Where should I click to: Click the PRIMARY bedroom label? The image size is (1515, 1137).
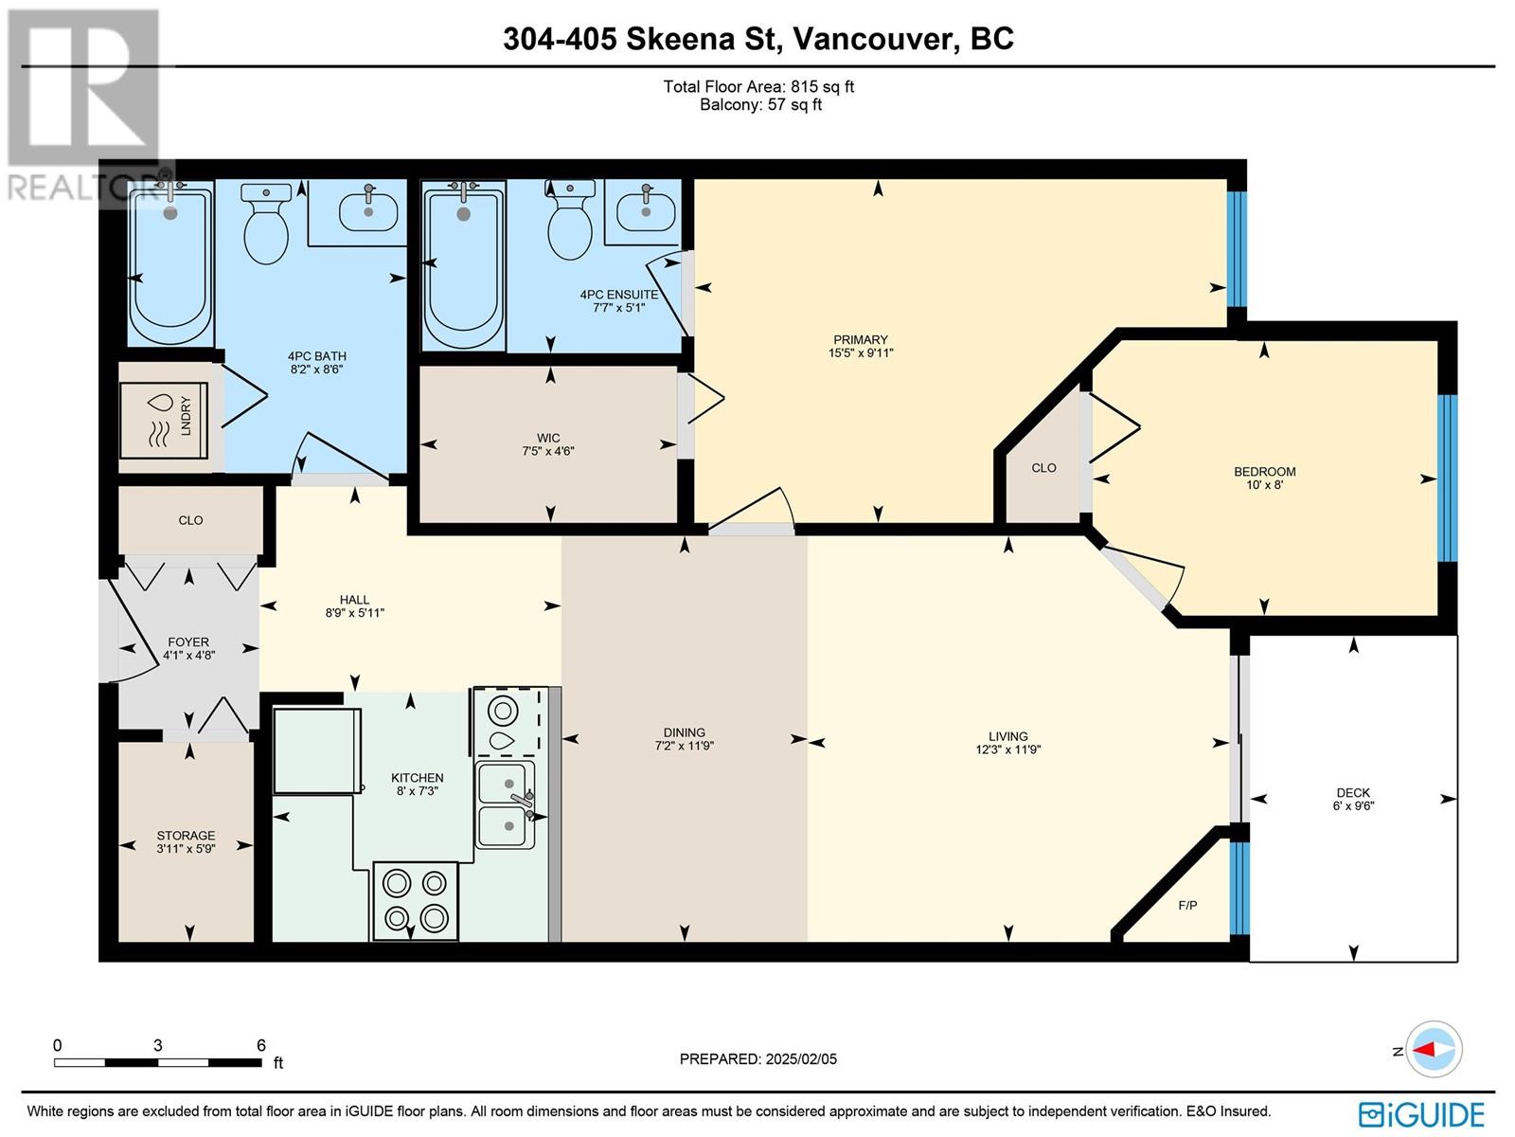pyautogui.click(x=860, y=339)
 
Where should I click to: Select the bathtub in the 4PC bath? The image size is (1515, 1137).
pyautogui.click(x=170, y=263)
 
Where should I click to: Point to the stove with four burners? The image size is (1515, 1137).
pyautogui.click(x=415, y=900)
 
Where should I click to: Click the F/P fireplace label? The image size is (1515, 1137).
pyautogui.click(x=1187, y=905)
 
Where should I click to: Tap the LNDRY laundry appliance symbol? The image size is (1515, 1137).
pyautogui.click(x=164, y=420)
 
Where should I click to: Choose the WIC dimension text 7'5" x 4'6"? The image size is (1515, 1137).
pyautogui.click(x=548, y=451)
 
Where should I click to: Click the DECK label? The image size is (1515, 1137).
pyautogui.click(x=1353, y=792)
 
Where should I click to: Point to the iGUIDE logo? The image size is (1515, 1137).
pyautogui.click(x=1422, y=1114)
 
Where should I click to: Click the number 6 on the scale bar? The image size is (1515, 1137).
pyautogui.click(x=261, y=1044)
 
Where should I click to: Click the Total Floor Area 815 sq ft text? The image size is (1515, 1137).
pyautogui.click(x=758, y=86)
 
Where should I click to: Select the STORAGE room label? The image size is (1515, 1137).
pyautogui.click(x=186, y=836)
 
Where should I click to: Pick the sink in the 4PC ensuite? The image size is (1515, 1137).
pyautogui.click(x=646, y=211)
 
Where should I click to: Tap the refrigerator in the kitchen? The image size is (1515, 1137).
pyautogui.click(x=317, y=750)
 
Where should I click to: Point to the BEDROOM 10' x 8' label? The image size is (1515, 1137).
pyautogui.click(x=1264, y=478)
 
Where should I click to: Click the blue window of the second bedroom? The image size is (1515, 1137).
pyautogui.click(x=1448, y=478)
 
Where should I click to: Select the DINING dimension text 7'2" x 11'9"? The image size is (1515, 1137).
pyautogui.click(x=684, y=746)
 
